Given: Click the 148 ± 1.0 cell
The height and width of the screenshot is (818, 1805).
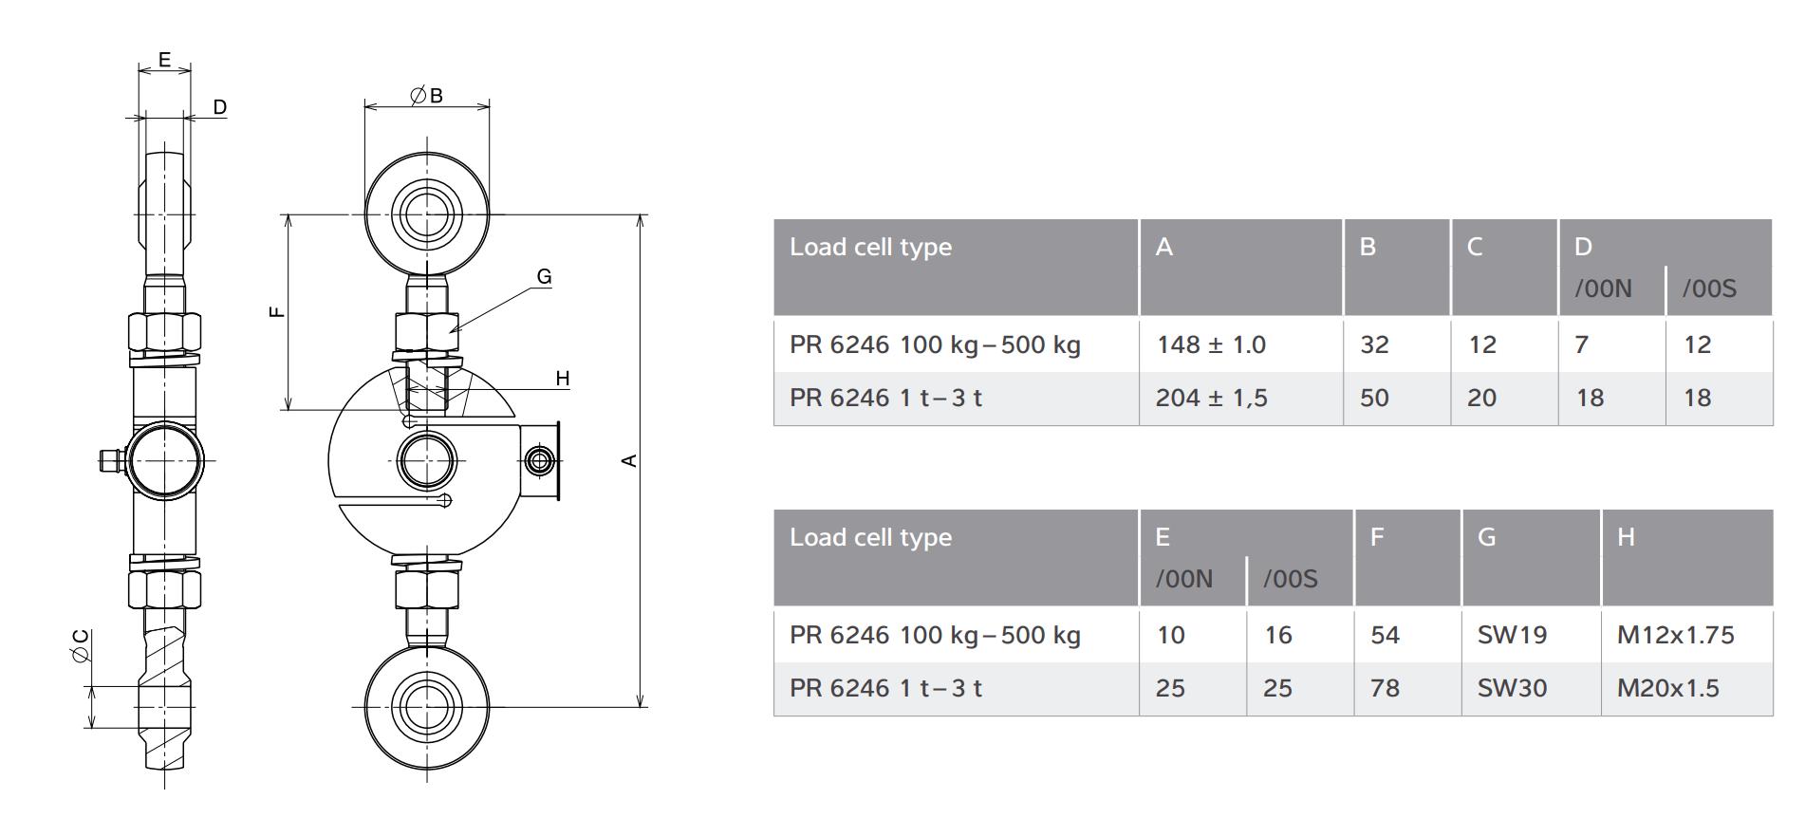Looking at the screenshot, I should pyautogui.click(x=1211, y=344).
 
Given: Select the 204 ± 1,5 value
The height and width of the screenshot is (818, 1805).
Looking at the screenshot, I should pyautogui.click(x=1211, y=398).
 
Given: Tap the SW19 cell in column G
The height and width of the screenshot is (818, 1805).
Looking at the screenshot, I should pyautogui.click(x=1512, y=635).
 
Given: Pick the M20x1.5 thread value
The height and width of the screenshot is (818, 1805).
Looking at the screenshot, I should pyautogui.click(x=1667, y=688).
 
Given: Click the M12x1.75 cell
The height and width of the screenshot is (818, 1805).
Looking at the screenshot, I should pyautogui.click(x=1675, y=635).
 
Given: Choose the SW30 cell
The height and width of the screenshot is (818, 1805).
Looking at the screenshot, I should pyautogui.click(x=1512, y=688).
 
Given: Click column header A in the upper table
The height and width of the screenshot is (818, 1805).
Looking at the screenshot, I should pyautogui.click(x=1164, y=248).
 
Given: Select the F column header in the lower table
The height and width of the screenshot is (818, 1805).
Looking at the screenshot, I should pyautogui.click(x=1377, y=538).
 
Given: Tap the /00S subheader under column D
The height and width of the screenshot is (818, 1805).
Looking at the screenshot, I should pyautogui.click(x=1709, y=289).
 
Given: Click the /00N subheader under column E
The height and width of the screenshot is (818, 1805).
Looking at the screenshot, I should pyautogui.click(x=1183, y=580).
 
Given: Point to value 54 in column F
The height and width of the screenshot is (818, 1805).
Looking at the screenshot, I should pyautogui.click(x=1385, y=635).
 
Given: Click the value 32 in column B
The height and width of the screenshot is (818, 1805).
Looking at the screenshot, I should pyautogui.click(x=1374, y=344).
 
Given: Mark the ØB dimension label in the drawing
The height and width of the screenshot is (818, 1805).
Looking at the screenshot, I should pyautogui.click(x=426, y=95).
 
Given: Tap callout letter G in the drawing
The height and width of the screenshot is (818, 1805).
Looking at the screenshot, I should pyautogui.click(x=544, y=276).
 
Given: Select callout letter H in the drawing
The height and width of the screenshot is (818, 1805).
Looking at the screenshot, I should pyautogui.click(x=562, y=379).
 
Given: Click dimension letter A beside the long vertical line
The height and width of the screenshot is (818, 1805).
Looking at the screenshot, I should pyautogui.click(x=628, y=460).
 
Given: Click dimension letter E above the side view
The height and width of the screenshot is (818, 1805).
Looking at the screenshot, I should pyautogui.click(x=164, y=59).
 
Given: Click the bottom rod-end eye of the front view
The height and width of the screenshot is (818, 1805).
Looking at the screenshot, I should pyautogui.click(x=426, y=706).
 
